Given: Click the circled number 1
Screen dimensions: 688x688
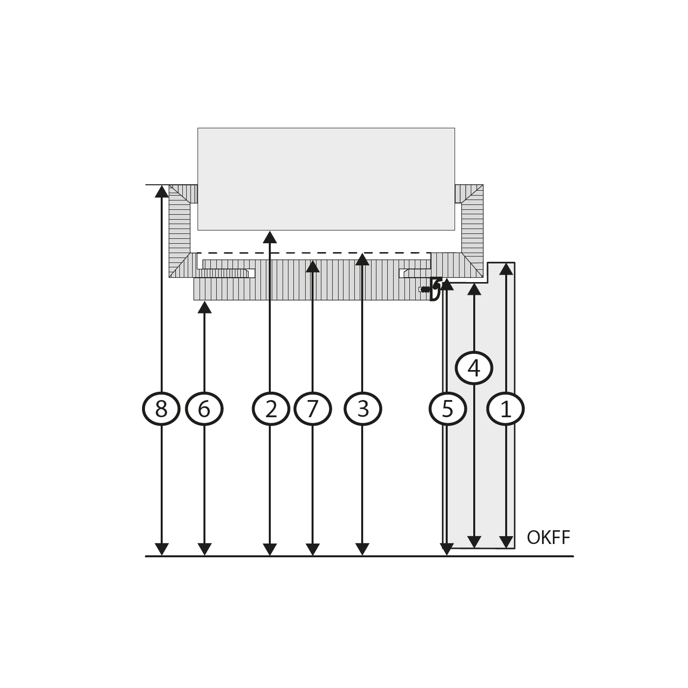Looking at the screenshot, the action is [506, 409].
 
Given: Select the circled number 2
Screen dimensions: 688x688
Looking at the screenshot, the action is [271, 409].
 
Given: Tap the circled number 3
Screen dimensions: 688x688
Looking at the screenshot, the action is [363, 409].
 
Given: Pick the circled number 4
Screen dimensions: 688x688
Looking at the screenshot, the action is [474, 368].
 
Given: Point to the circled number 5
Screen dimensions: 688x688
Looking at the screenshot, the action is [448, 409].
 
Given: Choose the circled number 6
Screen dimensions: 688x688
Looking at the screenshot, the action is [204, 409].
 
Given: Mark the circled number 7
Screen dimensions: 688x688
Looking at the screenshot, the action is [313, 409].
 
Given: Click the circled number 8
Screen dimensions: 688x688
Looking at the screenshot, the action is [161, 409].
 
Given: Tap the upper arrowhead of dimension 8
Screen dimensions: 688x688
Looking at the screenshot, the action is [162, 191].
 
